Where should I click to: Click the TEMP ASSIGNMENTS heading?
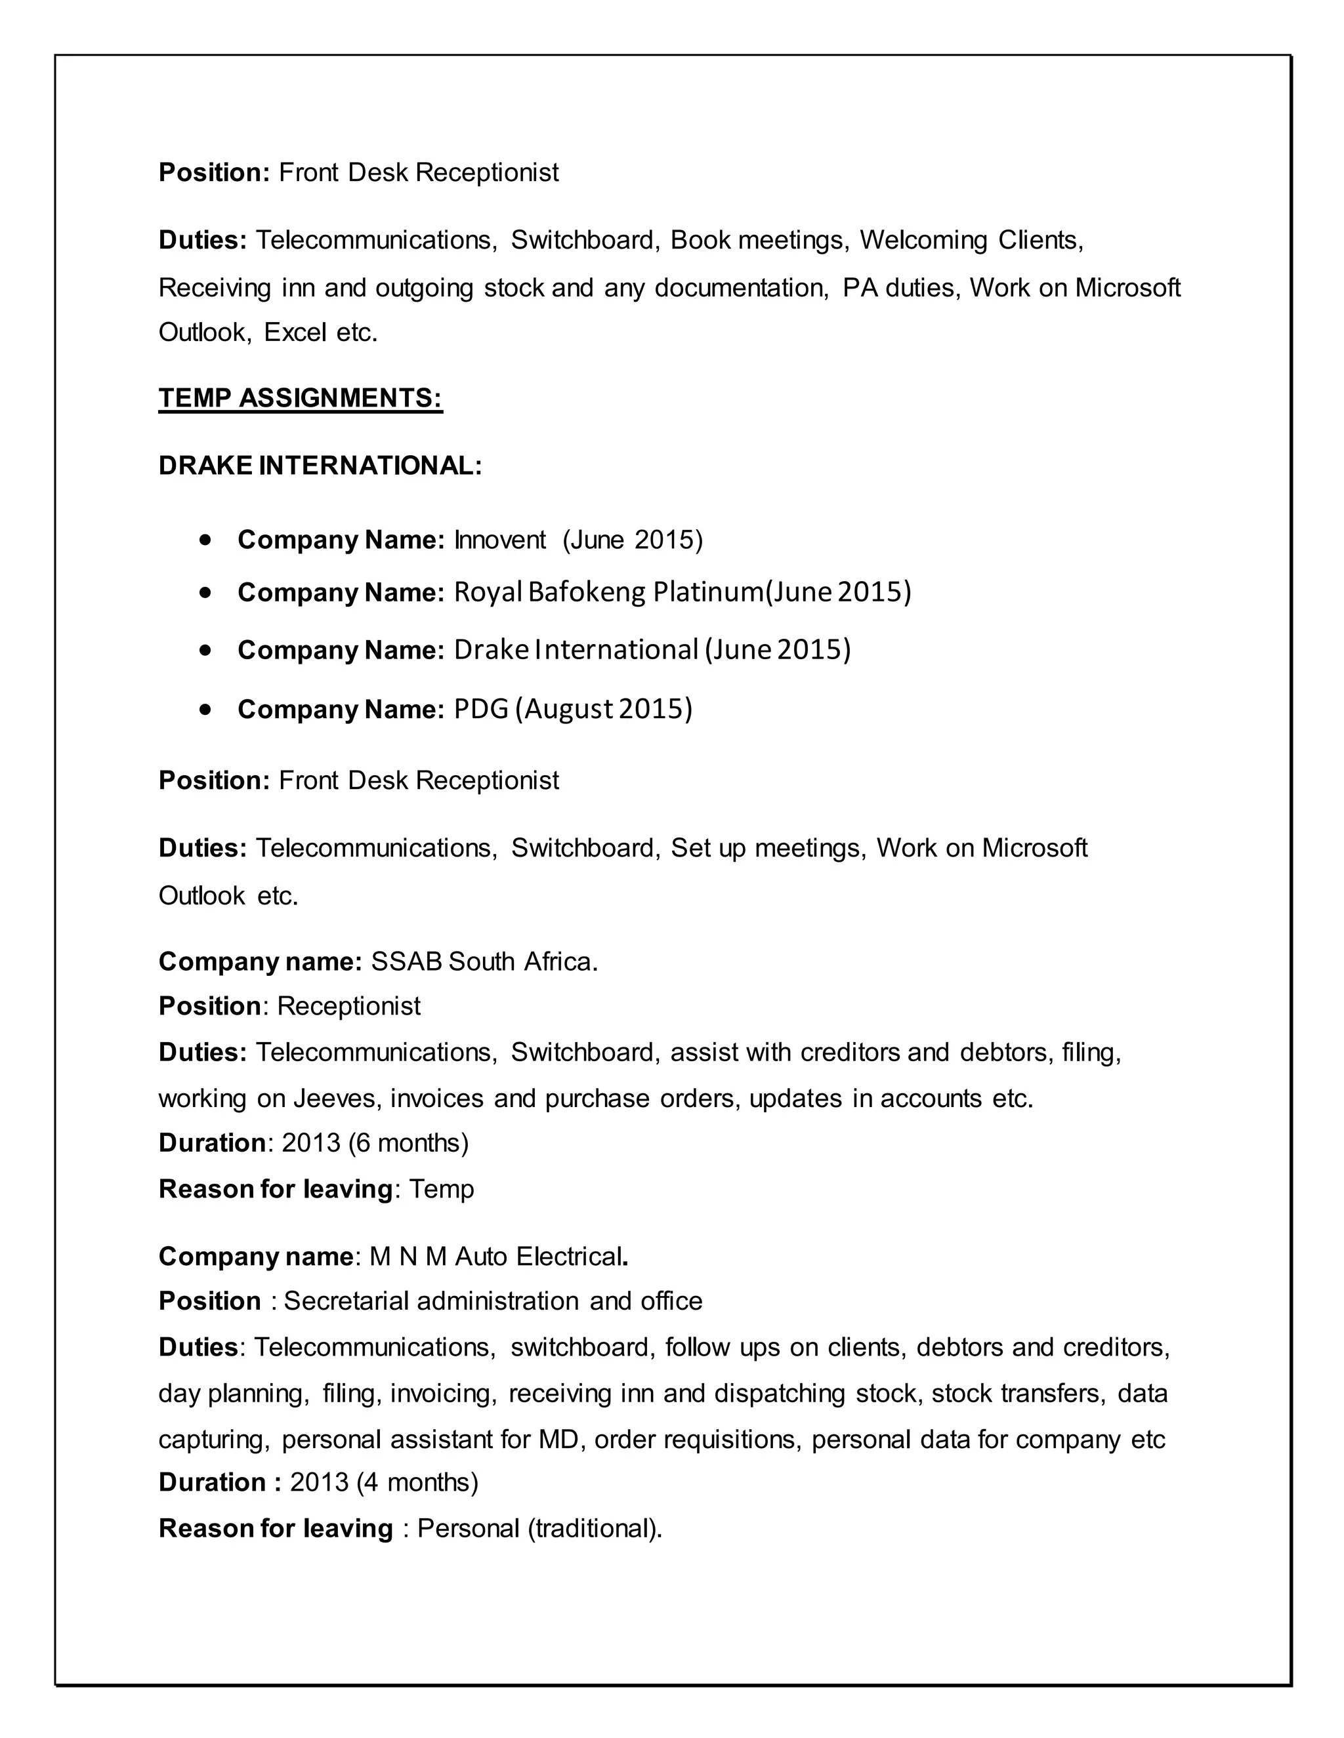(300, 398)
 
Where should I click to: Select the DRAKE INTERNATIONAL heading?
(320, 466)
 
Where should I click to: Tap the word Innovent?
(500, 540)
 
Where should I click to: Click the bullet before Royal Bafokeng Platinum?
(207, 593)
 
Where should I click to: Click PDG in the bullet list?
(481, 709)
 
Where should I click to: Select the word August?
(568, 709)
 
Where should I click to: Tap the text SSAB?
(406, 962)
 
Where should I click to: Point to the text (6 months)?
(408, 1144)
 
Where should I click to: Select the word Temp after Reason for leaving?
(441, 1190)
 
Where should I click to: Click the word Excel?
(296, 333)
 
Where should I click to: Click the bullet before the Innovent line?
(207, 540)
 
